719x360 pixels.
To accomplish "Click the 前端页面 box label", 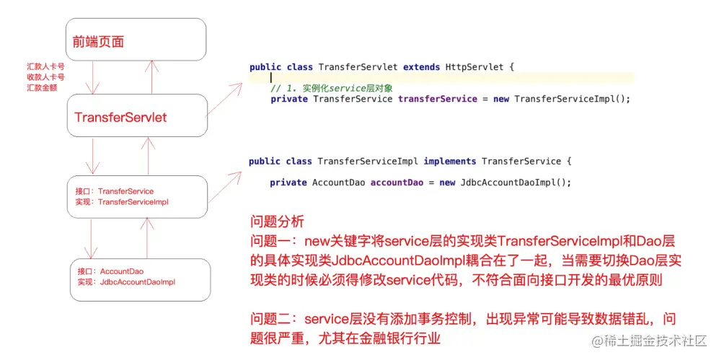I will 99,41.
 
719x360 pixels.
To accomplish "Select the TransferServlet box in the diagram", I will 120,117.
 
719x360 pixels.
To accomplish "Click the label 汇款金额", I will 42,87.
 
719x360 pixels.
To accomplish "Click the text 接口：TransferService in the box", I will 115,191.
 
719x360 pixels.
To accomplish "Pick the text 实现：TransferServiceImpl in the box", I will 122,202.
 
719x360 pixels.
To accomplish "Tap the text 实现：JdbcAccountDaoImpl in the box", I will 125,282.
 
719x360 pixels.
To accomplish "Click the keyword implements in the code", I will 449,161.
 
